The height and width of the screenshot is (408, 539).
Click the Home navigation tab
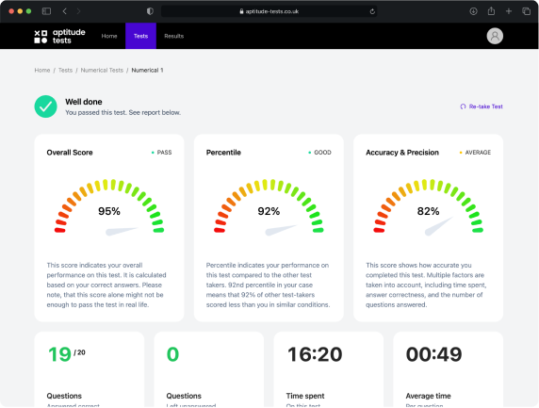pyautogui.click(x=109, y=36)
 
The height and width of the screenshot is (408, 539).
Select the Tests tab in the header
pyautogui.click(x=140, y=36)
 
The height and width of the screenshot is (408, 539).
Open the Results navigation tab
pyautogui.click(x=173, y=36)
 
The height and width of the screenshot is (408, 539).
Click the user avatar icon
pyautogui.click(x=495, y=36)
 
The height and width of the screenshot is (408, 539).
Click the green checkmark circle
pyautogui.click(x=44, y=106)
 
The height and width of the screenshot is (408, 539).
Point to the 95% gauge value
pyautogui.click(x=109, y=211)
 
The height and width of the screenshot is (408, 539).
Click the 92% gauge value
pyautogui.click(x=269, y=211)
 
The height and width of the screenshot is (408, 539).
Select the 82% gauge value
pyautogui.click(x=429, y=211)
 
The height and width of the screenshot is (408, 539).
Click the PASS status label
pyautogui.click(x=164, y=152)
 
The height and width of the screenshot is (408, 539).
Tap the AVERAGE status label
pyautogui.click(x=477, y=152)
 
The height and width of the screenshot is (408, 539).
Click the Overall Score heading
pyautogui.click(x=70, y=152)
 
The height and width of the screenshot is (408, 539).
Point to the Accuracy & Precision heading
pyautogui.click(x=403, y=152)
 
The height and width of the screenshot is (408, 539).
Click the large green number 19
pyautogui.click(x=59, y=354)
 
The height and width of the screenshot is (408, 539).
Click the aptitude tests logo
pyautogui.click(x=59, y=36)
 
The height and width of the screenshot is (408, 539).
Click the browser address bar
pyautogui.click(x=269, y=10)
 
